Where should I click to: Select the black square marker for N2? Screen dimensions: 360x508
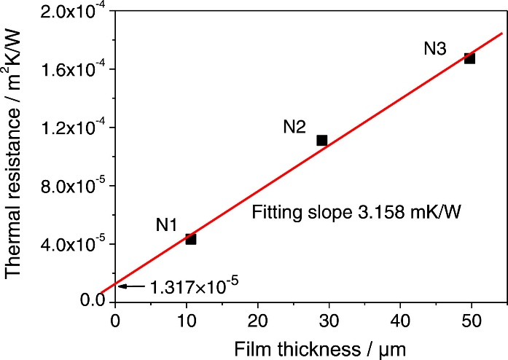[321, 140]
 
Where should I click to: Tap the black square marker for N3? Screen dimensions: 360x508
[469, 58]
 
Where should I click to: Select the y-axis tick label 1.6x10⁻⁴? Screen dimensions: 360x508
[73, 69]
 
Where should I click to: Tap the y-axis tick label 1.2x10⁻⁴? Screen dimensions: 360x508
[73, 128]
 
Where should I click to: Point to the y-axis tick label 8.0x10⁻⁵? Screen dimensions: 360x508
[73, 186]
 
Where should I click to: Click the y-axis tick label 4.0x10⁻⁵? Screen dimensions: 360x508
[73, 244]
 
